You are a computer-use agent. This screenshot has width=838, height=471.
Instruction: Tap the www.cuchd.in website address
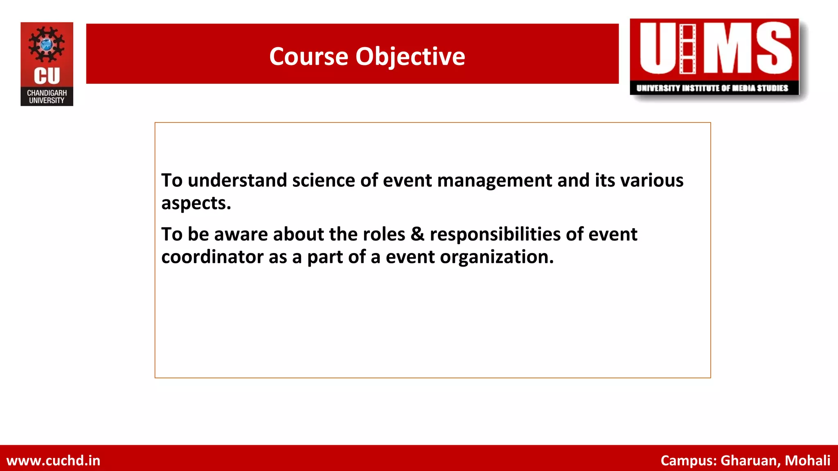pos(53,460)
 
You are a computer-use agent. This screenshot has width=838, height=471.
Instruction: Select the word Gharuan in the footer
pos(750,460)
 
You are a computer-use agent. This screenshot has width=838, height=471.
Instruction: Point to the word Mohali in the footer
pos(807,460)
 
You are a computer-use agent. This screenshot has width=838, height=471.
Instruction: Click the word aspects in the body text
pos(196,203)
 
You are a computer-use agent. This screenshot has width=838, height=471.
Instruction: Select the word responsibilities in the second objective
pos(495,234)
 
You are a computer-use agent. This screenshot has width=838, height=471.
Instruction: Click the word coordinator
pos(212,257)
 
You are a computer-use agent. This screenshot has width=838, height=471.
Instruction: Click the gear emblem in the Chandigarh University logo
pos(47,44)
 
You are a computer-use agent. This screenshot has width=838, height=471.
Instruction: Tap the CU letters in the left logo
pos(47,76)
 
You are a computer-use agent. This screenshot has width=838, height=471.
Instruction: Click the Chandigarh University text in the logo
pos(47,96)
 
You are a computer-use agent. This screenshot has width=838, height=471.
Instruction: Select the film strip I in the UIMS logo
pos(687,49)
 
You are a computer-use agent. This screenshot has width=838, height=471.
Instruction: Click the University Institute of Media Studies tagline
pos(712,88)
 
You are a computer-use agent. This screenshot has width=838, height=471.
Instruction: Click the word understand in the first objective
pos(237,180)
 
